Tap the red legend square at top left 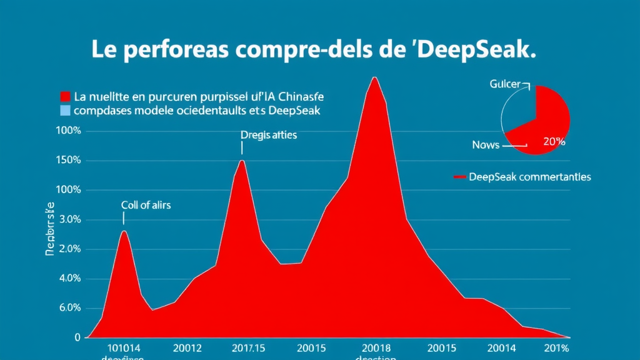point(64,97)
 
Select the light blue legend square point(64,111)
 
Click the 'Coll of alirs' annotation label point(146,204)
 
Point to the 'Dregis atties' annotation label point(269,134)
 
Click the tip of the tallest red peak point(374,77)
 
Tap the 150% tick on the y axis point(69,161)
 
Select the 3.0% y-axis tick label point(69,220)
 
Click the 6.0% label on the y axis point(69,308)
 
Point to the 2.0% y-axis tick point(69,249)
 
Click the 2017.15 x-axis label point(248,347)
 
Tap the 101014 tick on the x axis point(123,347)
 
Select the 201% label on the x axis point(556,347)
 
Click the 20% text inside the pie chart point(554,141)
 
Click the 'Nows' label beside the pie point(486,144)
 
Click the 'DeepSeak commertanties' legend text point(529,177)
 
